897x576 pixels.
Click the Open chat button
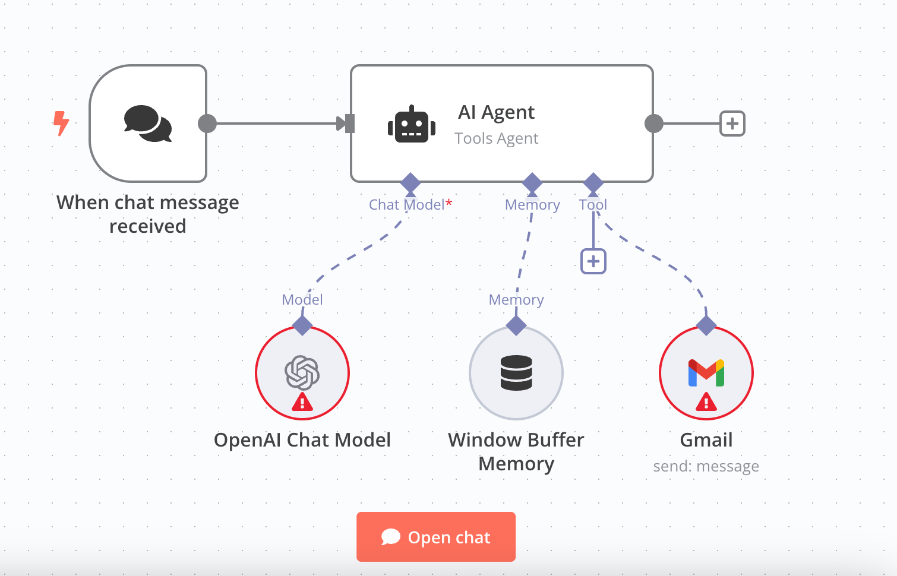[x=435, y=536]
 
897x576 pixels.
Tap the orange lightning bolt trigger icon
[x=61, y=124]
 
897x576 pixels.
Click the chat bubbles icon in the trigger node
[x=148, y=124]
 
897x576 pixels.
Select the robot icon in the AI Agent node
[x=411, y=124]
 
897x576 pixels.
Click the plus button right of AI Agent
[x=732, y=124]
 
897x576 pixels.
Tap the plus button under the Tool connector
[x=593, y=261]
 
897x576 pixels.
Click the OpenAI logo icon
[x=302, y=373]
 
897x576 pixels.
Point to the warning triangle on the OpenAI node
[x=302, y=402]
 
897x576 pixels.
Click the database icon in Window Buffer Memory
[x=516, y=373]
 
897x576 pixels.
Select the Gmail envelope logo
[x=706, y=373]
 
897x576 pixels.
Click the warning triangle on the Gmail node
[x=706, y=402]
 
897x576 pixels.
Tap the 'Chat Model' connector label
[x=406, y=204]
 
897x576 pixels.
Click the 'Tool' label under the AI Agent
[x=593, y=204]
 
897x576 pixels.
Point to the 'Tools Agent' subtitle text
[x=496, y=138]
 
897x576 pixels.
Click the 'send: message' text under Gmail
[x=706, y=466]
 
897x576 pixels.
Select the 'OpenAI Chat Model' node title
[x=302, y=439]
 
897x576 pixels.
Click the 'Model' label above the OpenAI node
[x=302, y=299]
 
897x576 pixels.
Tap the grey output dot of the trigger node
[x=207, y=124]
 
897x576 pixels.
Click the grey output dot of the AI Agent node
[x=653, y=124]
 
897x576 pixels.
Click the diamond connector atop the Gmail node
[x=706, y=325]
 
